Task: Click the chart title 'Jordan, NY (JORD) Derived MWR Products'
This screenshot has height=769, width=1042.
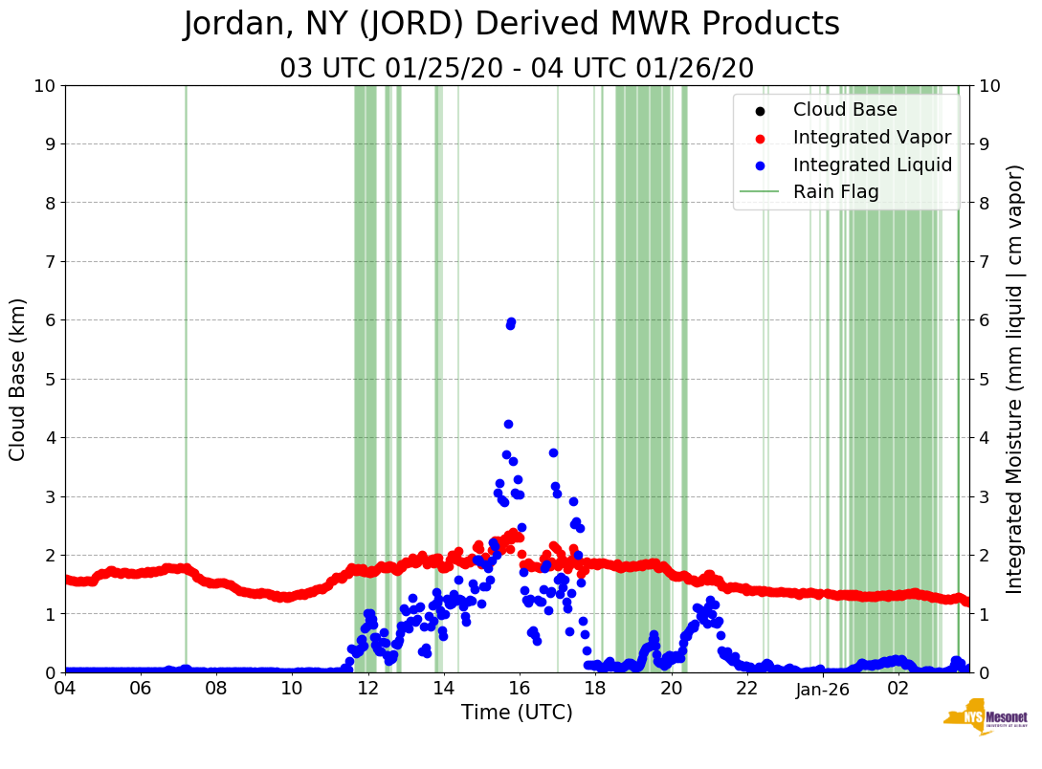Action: click(x=511, y=25)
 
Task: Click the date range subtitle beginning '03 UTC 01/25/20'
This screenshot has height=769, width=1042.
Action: click(x=517, y=69)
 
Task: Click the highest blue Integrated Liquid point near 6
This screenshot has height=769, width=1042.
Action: click(x=511, y=322)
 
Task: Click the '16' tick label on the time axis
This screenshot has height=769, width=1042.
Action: click(x=520, y=689)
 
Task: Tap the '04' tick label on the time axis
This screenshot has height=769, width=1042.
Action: click(x=65, y=689)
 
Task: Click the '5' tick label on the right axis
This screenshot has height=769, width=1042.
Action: click(x=983, y=379)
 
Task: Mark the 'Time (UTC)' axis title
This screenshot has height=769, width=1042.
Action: click(x=517, y=713)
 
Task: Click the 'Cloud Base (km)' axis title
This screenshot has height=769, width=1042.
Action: click(x=18, y=379)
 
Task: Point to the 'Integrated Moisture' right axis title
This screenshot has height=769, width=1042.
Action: click(x=1015, y=379)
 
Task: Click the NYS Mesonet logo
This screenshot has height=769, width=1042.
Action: click(x=985, y=720)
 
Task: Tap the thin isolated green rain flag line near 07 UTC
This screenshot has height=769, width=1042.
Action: click(x=186, y=383)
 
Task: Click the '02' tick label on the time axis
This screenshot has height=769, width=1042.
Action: click(x=898, y=689)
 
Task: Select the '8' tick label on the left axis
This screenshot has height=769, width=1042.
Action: click(x=49, y=203)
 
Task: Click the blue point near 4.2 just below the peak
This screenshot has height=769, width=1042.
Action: click(x=508, y=424)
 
